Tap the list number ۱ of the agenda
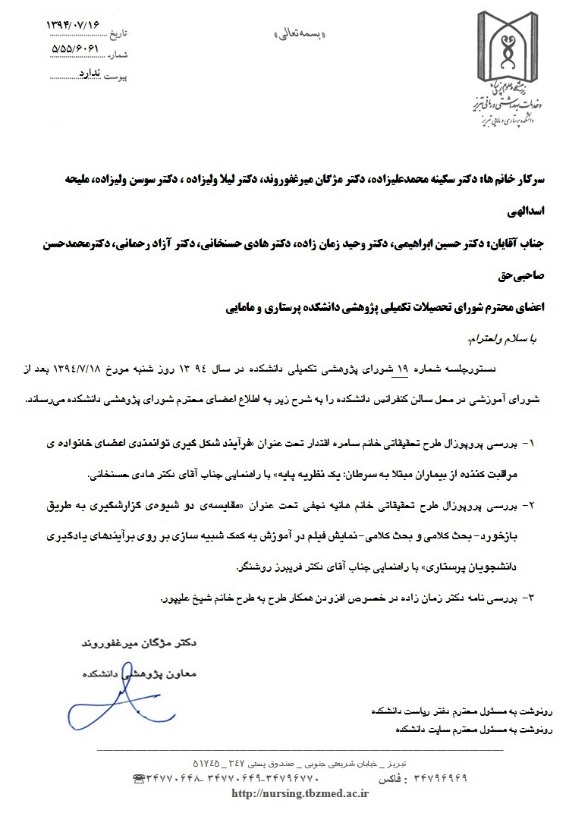tap(530, 441)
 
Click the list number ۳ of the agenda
tap(530, 598)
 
